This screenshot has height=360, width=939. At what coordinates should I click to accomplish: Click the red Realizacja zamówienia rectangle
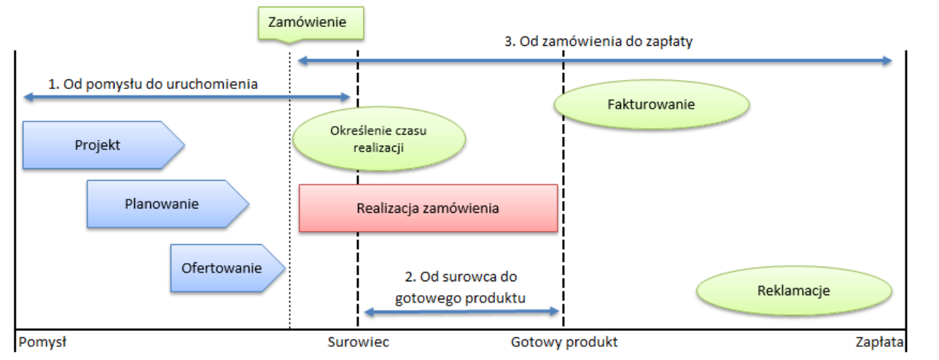coord(428,208)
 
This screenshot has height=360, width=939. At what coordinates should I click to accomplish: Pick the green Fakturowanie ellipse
coord(651,104)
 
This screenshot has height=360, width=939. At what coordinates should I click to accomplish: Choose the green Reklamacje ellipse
coord(794,291)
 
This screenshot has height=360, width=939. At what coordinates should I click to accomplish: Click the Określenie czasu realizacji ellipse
coord(379,138)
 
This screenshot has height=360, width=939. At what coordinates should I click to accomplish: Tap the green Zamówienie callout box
coord(311,23)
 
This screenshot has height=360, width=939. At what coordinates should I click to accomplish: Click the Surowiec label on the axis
coord(358,343)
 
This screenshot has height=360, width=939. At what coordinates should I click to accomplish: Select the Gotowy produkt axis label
coord(564,343)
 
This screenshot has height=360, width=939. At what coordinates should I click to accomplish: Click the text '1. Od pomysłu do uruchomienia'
coord(153,84)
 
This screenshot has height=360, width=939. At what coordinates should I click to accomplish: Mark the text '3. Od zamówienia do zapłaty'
coord(598,42)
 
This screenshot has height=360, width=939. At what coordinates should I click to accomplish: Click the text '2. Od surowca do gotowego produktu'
coord(460,287)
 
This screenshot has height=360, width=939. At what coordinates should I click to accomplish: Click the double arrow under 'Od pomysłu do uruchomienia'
coord(187,97)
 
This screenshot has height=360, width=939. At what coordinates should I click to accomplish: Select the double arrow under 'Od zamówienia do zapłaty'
coord(594,60)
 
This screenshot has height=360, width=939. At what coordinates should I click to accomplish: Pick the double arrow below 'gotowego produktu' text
coord(461,312)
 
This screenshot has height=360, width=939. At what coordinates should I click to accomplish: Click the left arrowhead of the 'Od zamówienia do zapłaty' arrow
coord(301,60)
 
